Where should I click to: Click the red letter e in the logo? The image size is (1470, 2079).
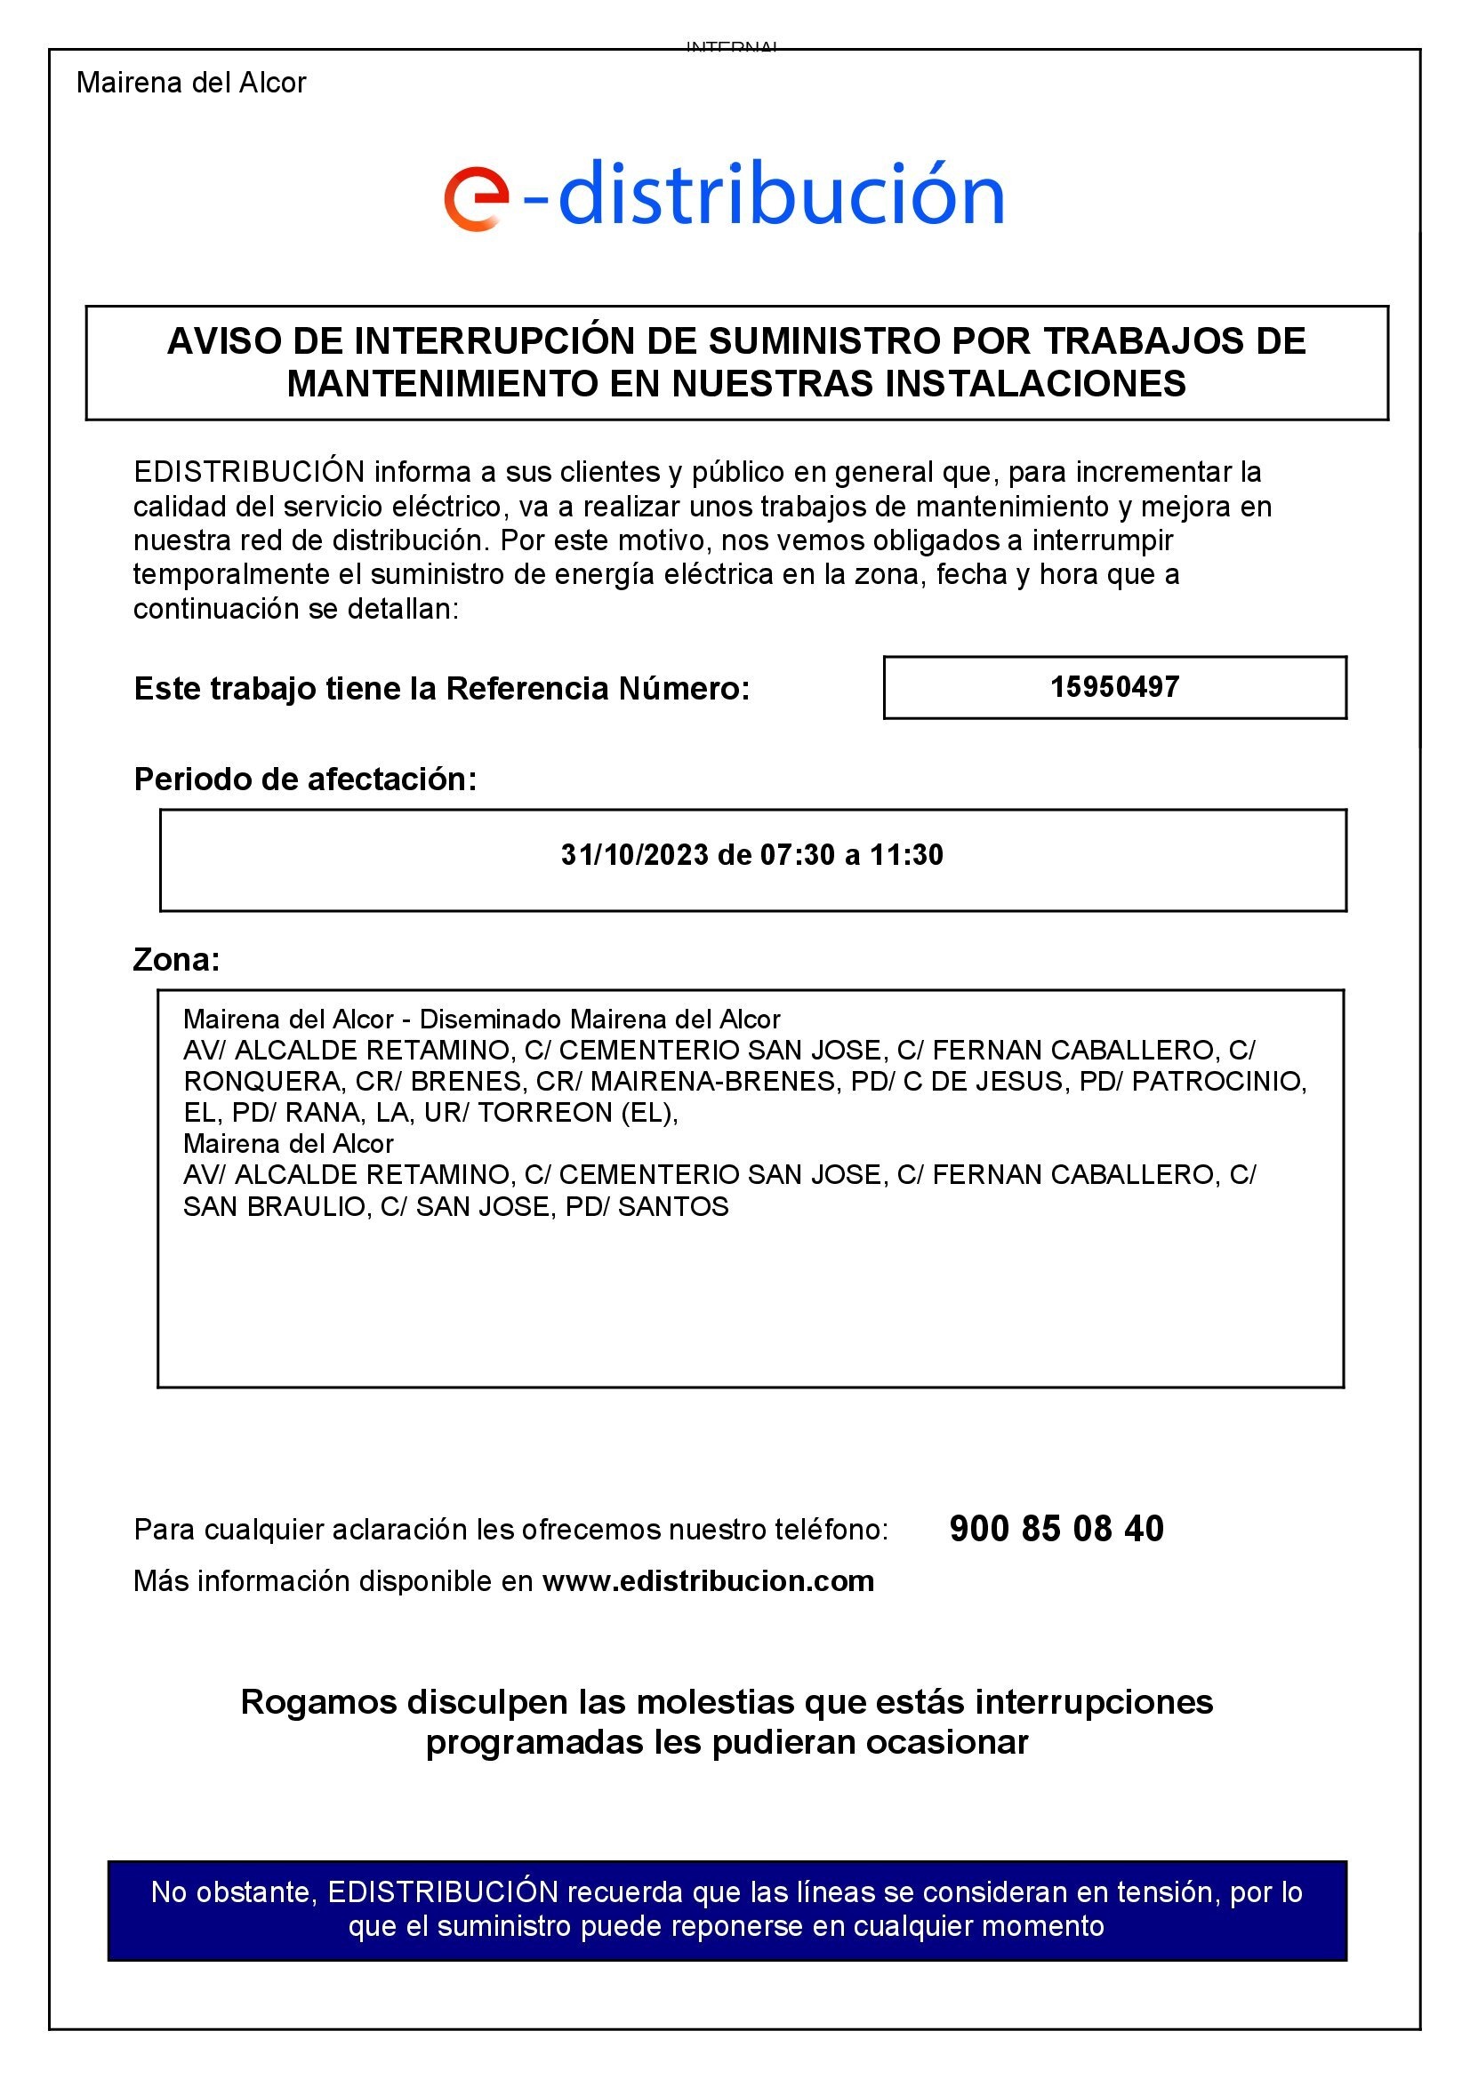coord(476,198)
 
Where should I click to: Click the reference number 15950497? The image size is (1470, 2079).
coord(1114,687)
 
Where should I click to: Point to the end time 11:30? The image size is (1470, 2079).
coord(907,855)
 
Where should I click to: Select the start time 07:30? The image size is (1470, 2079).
coord(797,855)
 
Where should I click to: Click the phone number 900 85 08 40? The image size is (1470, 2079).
coord(1056,1529)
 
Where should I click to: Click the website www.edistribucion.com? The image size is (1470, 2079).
coord(708,1581)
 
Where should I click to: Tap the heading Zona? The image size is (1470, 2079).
coord(177,959)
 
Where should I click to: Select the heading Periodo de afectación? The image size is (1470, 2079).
coord(305,779)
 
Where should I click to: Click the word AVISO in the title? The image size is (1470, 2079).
coord(223,341)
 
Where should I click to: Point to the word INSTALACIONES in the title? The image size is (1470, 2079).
coord(1035,384)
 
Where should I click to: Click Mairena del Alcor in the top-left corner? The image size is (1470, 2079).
coord(191,83)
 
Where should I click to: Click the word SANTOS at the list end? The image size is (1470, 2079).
coord(673,1207)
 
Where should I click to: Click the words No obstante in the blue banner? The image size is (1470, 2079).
coord(233,1891)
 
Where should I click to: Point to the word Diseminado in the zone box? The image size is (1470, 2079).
coord(491,1020)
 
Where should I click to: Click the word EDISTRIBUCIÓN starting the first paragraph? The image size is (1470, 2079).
coord(249,472)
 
